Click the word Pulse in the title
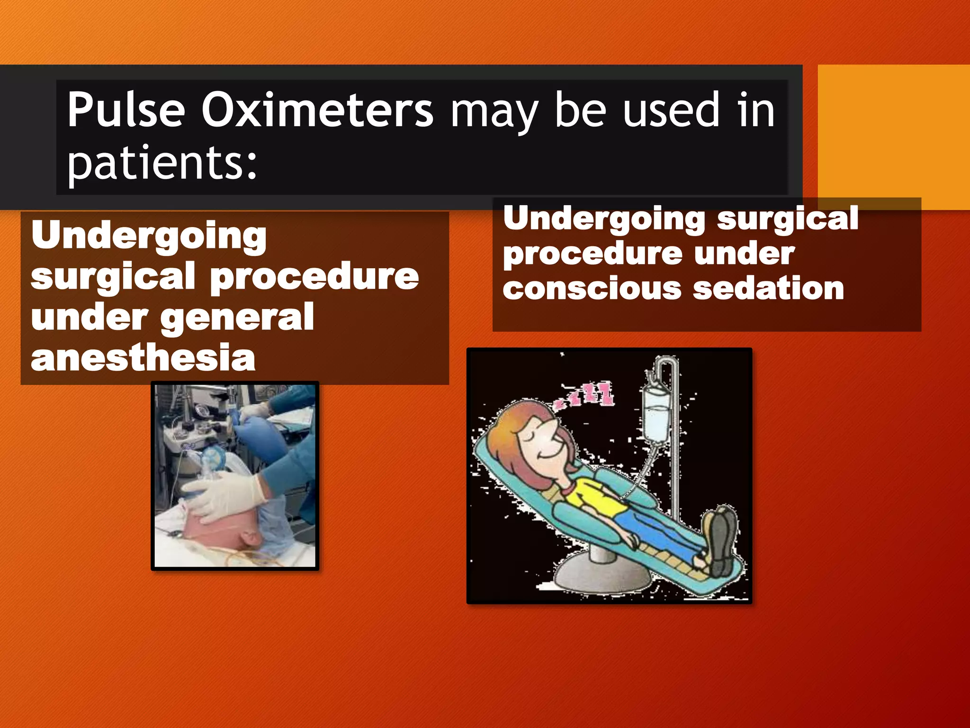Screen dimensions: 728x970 click(126, 110)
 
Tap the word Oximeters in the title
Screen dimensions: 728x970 click(317, 110)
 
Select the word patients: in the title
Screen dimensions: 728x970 click(162, 162)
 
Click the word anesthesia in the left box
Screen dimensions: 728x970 click(143, 357)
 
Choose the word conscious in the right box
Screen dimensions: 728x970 click(592, 289)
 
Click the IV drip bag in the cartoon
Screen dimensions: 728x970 click(656, 415)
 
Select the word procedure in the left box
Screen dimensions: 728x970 click(314, 277)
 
